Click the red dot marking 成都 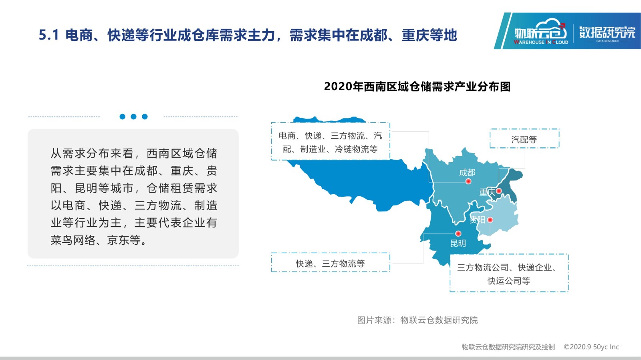[x=468, y=181]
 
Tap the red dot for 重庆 [x=499, y=191]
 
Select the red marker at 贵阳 [x=490, y=219]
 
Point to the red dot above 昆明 [x=458, y=233]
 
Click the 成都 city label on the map [x=467, y=173]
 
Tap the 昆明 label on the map [x=458, y=243]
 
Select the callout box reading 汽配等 [x=524, y=139]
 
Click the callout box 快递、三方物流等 [x=331, y=263]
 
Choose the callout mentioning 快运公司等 [x=509, y=273]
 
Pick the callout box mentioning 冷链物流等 [x=331, y=141]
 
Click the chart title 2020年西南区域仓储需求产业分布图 [x=417, y=86]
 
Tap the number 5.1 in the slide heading [x=49, y=35]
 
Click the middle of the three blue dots [x=133, y=117]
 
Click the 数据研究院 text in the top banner [x=607, y=32]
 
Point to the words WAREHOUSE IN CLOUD [x=541, y=42]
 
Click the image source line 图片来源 [x=417, y=320]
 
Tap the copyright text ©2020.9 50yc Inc [x=591, y=347]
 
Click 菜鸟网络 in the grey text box [x=73, y=240]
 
